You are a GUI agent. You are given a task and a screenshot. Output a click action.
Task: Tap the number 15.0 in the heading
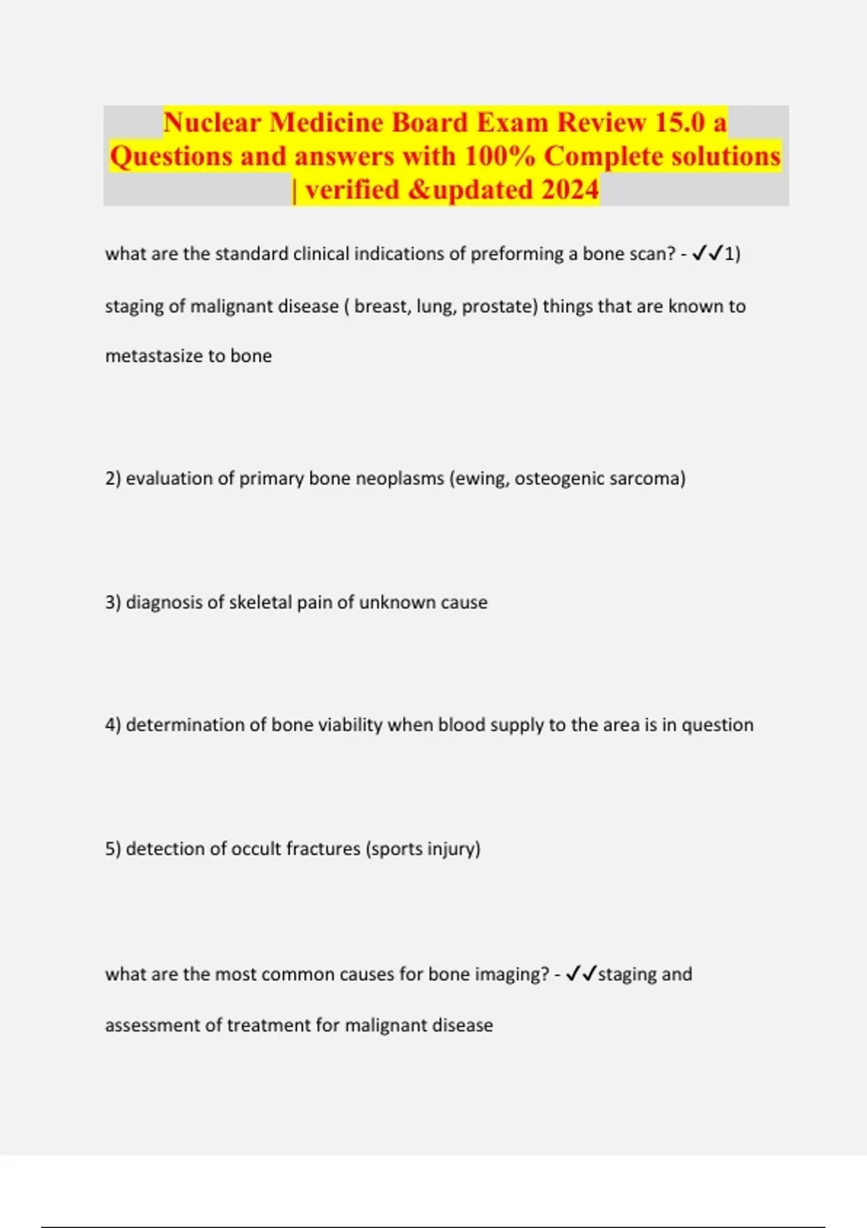pos(680,122)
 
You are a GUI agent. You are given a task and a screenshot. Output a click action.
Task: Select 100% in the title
pos(499,156)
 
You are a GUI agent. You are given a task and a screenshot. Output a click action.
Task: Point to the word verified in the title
pos(352,189)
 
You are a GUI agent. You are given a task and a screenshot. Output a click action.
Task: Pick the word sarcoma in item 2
pos(647,478)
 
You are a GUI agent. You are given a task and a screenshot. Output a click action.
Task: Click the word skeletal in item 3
pos(259,602)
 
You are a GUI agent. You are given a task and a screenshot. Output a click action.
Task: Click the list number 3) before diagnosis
pos(113,602)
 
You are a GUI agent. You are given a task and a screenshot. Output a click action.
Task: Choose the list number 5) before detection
pos(113,848)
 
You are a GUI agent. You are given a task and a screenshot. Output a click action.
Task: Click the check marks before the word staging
pos(581,974)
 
